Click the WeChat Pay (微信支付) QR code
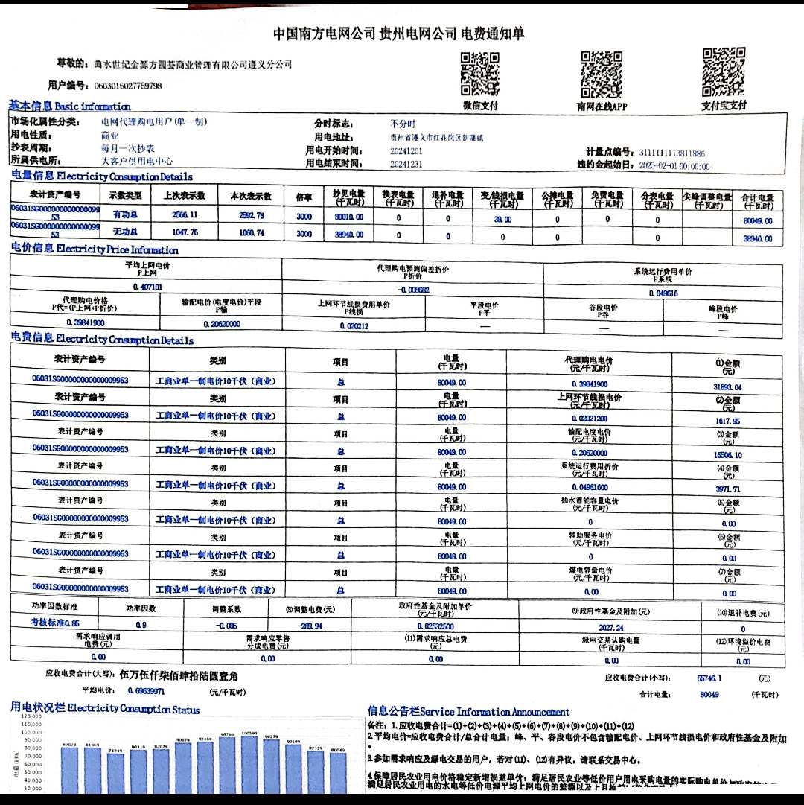click(480, 74)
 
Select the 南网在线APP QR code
click(602, 74)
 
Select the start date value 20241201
click(405, 151)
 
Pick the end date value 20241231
click(406, 164)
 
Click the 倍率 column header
click(304, 197)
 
